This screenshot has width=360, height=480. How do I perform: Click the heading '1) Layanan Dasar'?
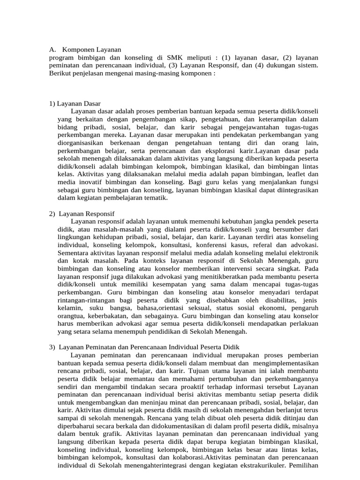pos(75,103)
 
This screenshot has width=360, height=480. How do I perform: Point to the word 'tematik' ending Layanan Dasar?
pos(155,198)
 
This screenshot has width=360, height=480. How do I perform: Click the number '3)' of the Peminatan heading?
pos(52,347)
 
